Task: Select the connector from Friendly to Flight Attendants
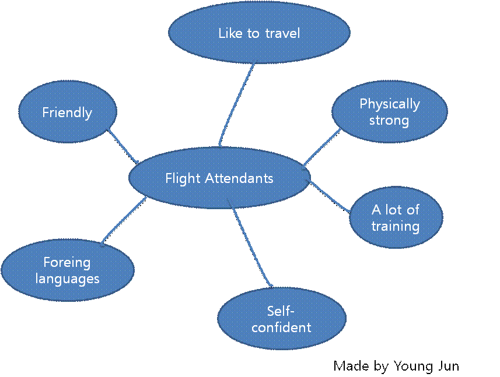click(123, 146)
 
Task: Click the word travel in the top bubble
click(282, 33)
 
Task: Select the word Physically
click(389, 104)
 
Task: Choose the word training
click(396, 226)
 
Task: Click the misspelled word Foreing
click(67, 263)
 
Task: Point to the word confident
click(281, 327)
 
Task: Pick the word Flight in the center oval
click(182, 178)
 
